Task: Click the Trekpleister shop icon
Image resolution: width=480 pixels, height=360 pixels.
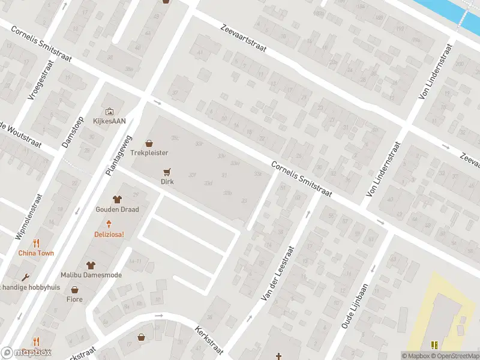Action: (149, 143)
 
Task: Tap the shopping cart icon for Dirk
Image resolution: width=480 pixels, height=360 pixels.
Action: (167, 171)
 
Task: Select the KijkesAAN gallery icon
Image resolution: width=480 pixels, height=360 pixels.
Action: (109, 111)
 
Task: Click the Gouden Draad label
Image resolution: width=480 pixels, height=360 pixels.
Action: (117, 209)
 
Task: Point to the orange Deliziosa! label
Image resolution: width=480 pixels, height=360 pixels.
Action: (109, 234)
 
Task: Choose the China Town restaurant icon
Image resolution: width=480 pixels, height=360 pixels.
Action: (36, 243)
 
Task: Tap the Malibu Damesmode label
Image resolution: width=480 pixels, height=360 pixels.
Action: (91, 275)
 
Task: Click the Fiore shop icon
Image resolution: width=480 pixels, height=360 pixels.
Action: (74, 289)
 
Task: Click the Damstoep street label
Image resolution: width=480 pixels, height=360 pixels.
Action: (73, 132)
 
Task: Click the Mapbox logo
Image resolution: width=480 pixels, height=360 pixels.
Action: (26, 353)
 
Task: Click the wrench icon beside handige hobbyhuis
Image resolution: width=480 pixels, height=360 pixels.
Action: (25, 278)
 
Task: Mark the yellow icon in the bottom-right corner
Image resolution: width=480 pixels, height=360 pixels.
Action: (434, 345)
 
